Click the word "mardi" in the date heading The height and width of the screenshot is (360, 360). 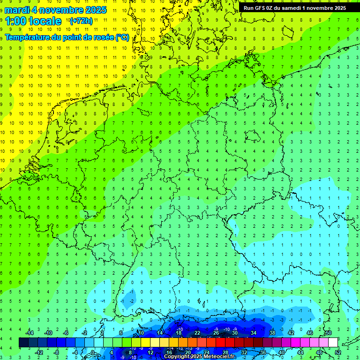coord(17,10)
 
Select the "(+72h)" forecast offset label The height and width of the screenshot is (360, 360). coord(81,21)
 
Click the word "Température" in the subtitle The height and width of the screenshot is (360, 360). coord(28,37)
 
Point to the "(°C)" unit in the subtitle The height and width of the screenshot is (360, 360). coord(122,37)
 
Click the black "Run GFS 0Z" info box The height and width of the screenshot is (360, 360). coord(294,7)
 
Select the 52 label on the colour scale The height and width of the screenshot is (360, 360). coord(338,352)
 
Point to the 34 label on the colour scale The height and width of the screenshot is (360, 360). coord(254,333)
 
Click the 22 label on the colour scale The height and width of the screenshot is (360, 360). coord(197,333)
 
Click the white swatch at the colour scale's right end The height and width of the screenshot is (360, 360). coord(333,343)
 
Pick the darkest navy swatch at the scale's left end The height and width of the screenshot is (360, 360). coord(24,343)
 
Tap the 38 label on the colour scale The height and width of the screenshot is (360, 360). coord(272,333)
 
